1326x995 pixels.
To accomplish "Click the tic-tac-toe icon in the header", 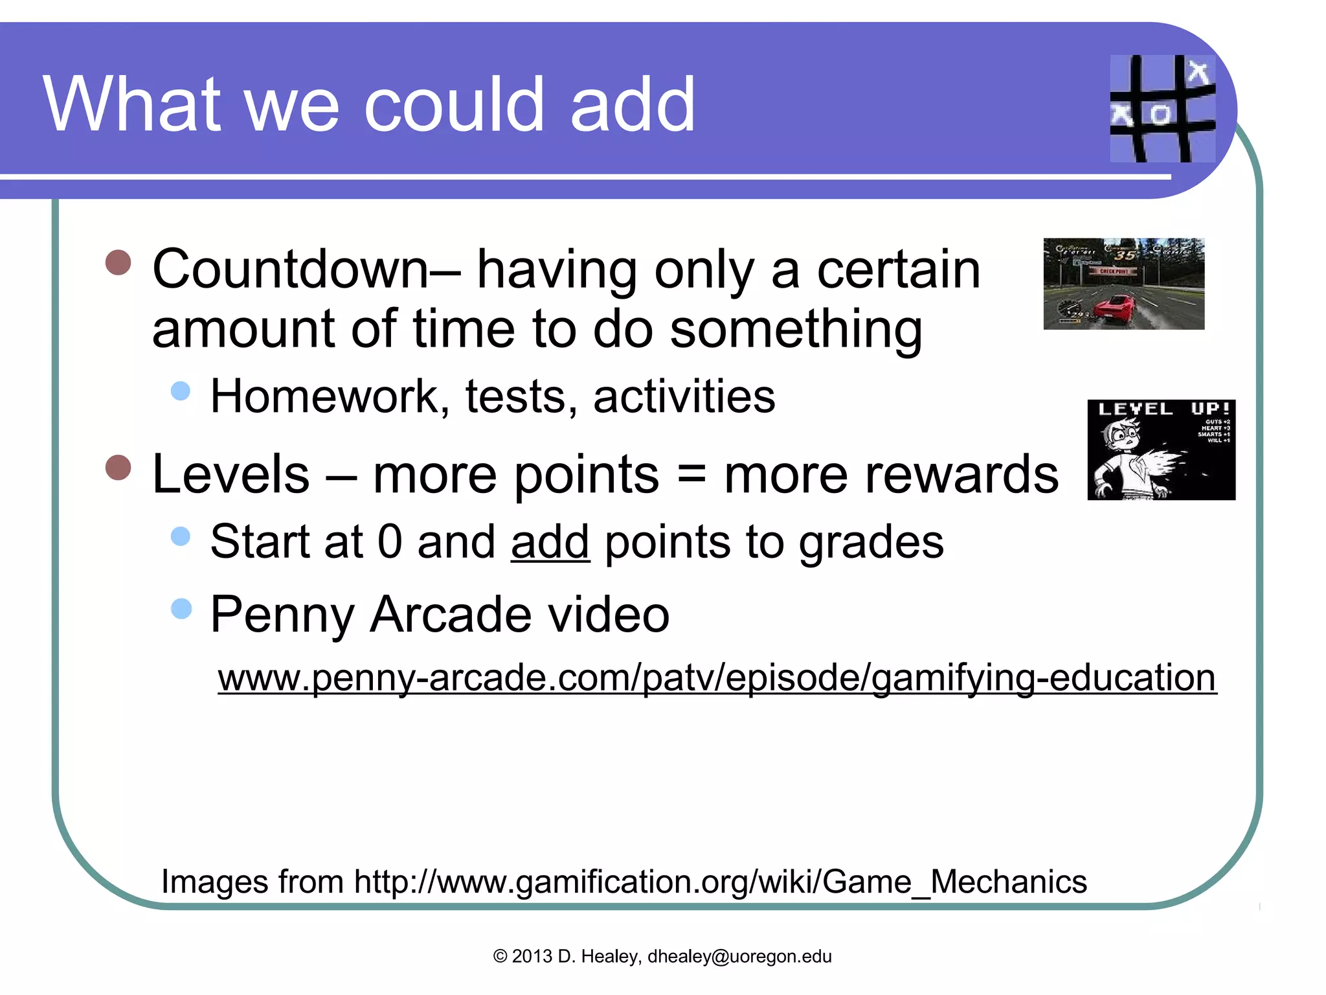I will point(1162,108).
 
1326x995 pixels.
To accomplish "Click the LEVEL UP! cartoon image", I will point(1161,450).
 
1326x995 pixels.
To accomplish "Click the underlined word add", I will point(550,542).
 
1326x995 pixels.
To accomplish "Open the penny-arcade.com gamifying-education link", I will point(717,678).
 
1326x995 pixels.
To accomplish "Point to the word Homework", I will point(324,396).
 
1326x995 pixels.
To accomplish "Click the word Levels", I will point(231,474).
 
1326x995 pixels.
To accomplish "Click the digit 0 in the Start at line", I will point(390,542).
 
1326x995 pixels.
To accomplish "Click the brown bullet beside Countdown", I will point(118,263).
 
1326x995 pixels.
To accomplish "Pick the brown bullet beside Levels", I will point(118,468).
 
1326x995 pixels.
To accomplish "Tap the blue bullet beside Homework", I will point(181,390).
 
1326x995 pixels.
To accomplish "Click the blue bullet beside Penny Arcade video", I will point(181,608).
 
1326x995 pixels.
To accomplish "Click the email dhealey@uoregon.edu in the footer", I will point(739,957).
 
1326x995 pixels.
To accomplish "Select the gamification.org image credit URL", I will point(721,882).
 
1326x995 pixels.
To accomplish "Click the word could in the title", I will point(454,104).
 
